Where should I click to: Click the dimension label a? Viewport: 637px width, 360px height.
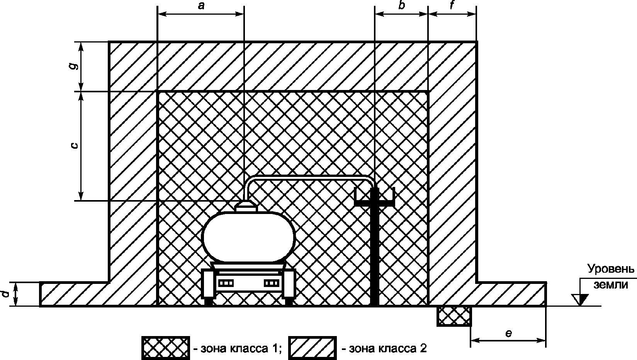(200, 7)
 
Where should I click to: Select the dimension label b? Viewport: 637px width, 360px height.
(401, 7)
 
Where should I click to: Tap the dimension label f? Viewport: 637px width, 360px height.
(452, 7)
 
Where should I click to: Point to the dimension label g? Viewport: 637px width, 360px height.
(75, 65)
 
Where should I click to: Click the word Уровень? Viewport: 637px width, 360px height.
(611, 269)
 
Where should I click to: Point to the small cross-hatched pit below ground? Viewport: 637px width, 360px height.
(454, 316)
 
